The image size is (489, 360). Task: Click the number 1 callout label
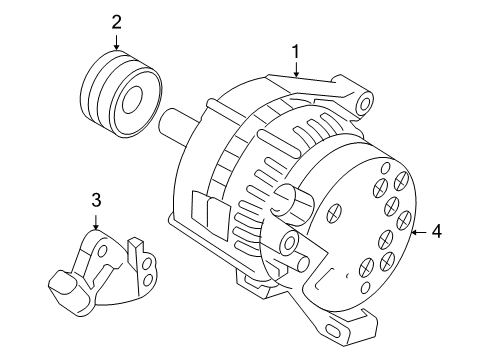(x=295, y=50)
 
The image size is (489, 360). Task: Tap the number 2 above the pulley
(x=117, y=21)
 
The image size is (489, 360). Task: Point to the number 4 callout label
(x=436, y=232)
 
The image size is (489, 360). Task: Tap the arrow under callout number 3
(x=95, y=222)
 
